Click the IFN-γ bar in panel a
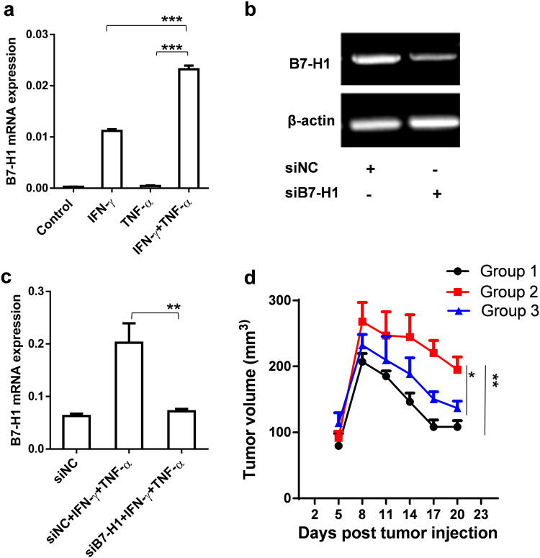coord(111,159)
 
